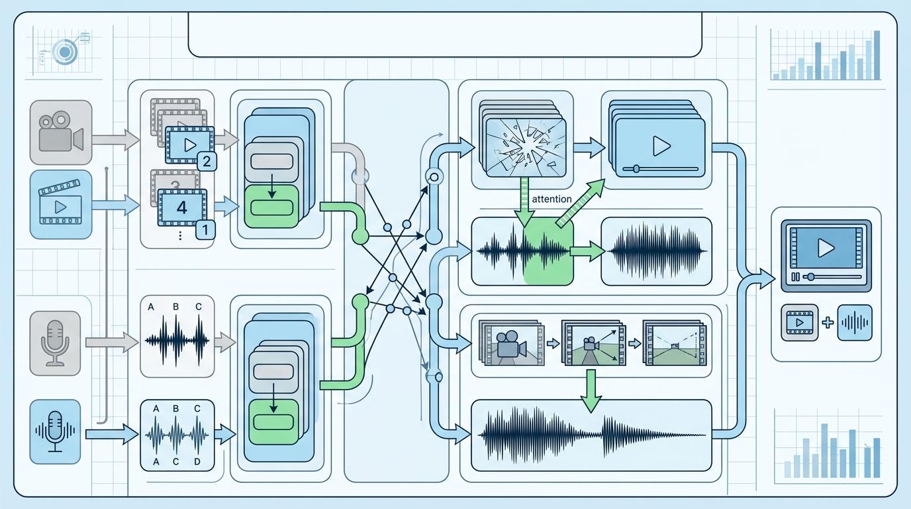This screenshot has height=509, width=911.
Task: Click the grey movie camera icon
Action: pyautogui.click(x=60, y=133)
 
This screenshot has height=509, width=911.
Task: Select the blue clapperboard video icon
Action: pyautogui.click(x=60, y=204)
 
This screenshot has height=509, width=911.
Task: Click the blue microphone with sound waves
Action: pyautogui.click(x=56, y=431)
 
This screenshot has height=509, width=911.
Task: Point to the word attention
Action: pyautogui.click(x=551, y=199)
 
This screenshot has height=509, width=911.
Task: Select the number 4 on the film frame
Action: pyautogui.click(x=181, y=207)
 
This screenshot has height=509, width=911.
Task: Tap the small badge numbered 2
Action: pyautogui.click(x=207, y=160)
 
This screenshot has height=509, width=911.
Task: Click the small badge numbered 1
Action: pyautogui.click(x=205, y=231)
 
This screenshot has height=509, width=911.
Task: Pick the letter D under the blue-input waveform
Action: pyautogui.click(x=197, y=461)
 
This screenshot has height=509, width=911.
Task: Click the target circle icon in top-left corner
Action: pyautogui.click(x=65, y=51)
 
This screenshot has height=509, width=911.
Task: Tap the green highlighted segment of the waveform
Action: pyautogui.click(x=548, y=252)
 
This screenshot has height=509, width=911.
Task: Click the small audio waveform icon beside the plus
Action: pyautogui.click(x=854, y=323)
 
